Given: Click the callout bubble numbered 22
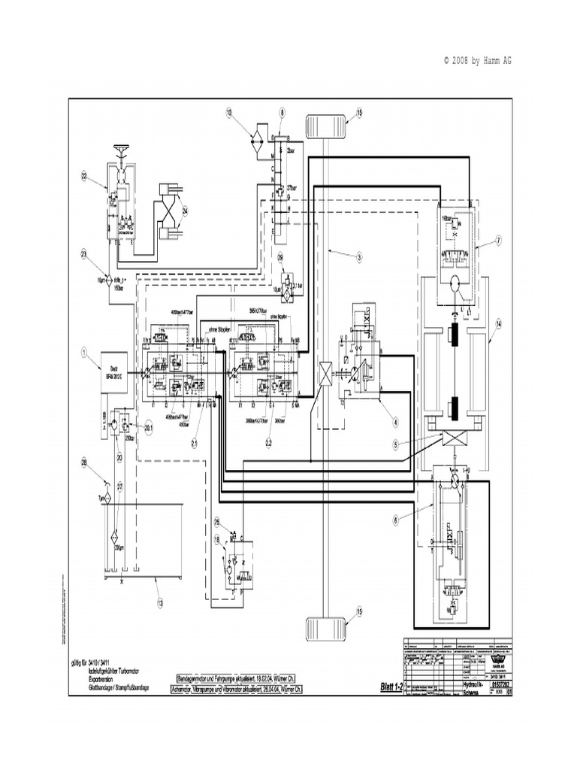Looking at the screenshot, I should (x=85, y=177).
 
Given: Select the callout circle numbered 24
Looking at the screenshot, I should (x=185, y=211).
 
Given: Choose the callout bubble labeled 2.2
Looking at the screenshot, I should (x=269, y=444).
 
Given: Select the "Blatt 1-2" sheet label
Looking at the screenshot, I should (x=392, y=686).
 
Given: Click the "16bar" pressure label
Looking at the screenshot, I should (x=450, y=217).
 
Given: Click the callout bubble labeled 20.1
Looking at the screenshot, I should (x=148, y=428).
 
